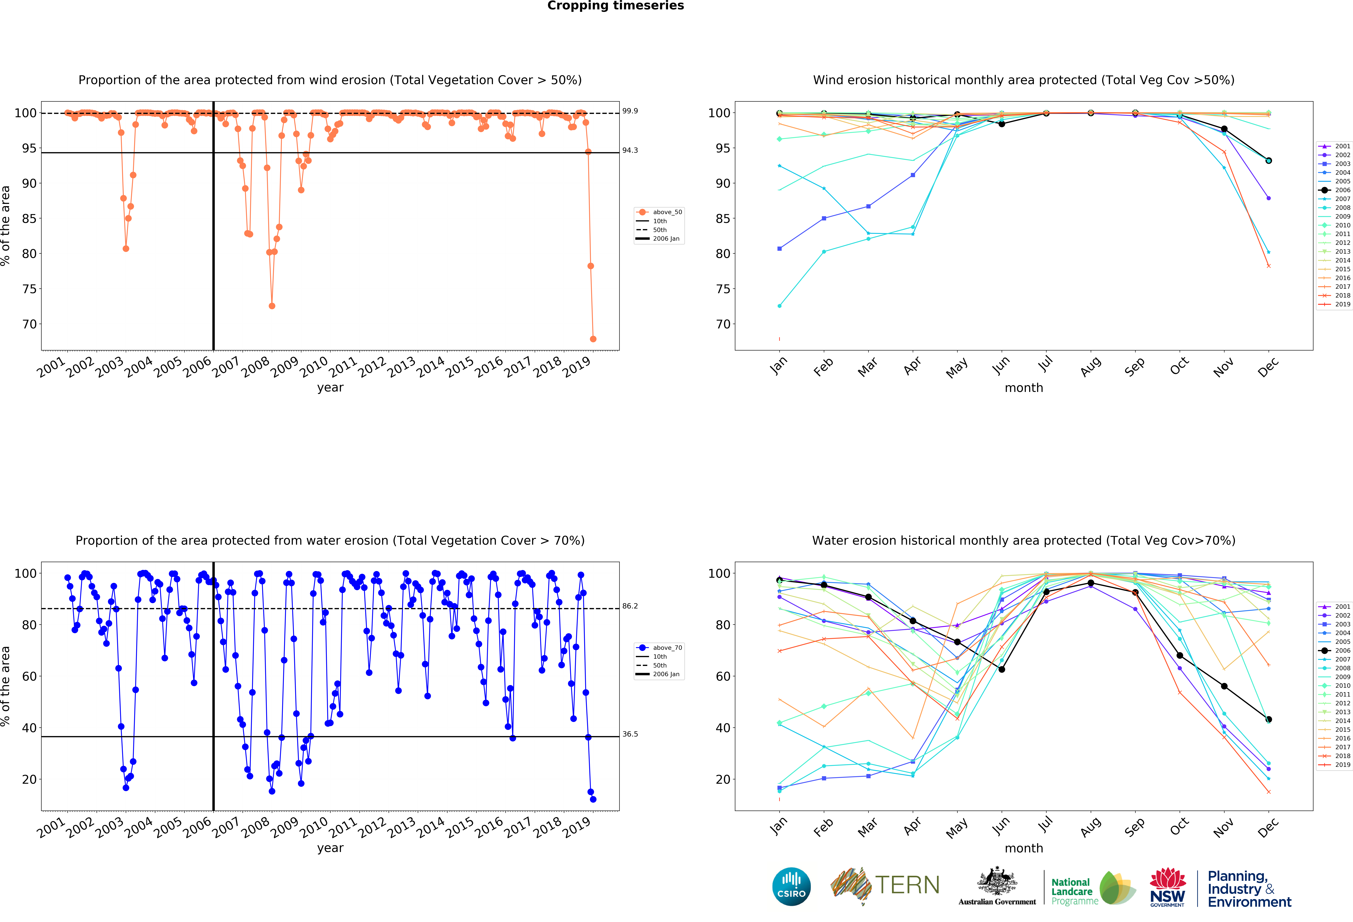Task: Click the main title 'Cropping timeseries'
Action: pyautogui.click(x=615, y=6)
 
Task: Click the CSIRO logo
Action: pyautogui.click(x=791, y=886)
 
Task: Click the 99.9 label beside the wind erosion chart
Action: pyautogui.click(x=630, y=111)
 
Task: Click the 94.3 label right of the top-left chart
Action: pyautogui.click(x=630, y=150)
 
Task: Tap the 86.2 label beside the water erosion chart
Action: pyautogui.click(x=630, y=606)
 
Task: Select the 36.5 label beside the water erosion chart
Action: pyautogui.click(x=630, y=734)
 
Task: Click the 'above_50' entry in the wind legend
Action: pyautogui.click(x=667, y=212)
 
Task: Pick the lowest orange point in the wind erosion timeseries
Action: pyautogui.click(x=593, y=339)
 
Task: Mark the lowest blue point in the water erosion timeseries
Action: pyautogui.click(x=593, y=799)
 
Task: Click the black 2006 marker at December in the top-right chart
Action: pyautogui.click(x=1269, y=161)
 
